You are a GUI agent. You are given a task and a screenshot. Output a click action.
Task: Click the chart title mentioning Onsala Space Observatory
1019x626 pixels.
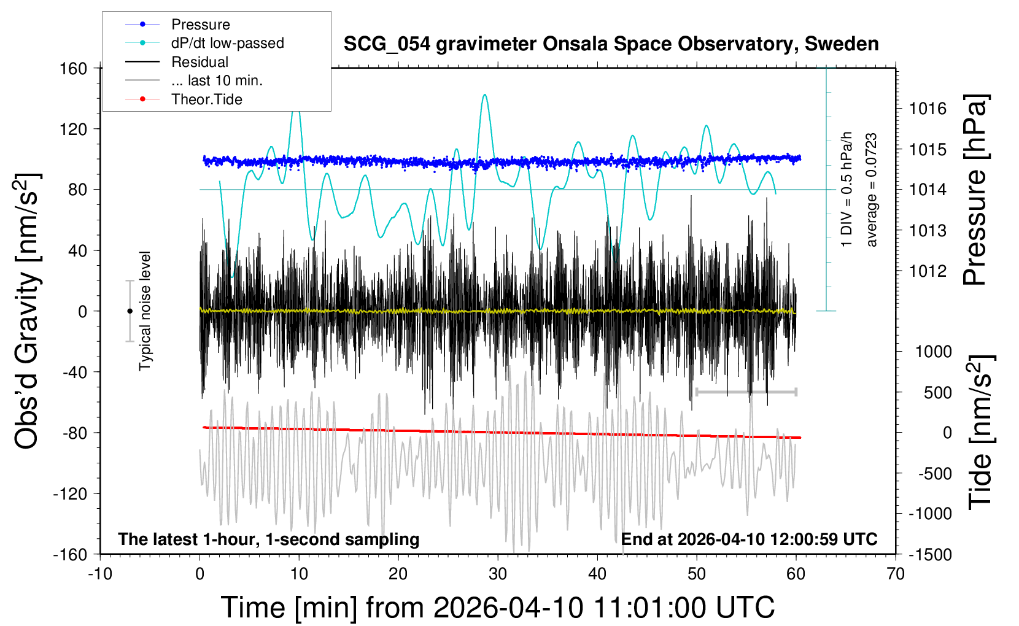611,44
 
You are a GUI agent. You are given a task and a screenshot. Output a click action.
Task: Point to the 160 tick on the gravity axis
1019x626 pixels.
73,69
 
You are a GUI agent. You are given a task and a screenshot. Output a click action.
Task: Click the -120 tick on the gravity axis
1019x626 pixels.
70,493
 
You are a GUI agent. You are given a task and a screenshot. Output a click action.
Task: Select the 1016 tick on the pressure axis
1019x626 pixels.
928,109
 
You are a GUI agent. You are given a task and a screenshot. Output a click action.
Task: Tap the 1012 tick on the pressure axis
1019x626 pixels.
928,272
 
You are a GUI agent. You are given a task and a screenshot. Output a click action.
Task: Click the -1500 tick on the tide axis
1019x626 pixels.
930,555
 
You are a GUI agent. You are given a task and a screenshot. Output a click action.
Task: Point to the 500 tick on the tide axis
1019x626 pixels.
938,393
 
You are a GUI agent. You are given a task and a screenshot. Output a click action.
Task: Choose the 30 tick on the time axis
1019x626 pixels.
498,574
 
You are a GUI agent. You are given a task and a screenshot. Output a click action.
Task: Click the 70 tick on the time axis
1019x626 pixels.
895,574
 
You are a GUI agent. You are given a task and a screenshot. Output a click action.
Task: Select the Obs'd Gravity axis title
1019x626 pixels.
26,311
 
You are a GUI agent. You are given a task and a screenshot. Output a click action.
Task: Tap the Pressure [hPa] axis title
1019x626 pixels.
975,190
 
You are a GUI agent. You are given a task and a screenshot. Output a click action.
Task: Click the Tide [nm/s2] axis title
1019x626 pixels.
981,432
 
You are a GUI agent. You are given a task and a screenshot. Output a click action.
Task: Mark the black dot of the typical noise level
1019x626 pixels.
130,311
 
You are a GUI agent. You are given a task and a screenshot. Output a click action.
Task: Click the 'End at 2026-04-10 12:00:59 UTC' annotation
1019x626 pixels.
750,539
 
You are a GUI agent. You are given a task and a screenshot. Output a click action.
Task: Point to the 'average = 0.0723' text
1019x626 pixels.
871,190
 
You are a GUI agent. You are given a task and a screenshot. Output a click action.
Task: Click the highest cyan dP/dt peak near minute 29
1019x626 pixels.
485,95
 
